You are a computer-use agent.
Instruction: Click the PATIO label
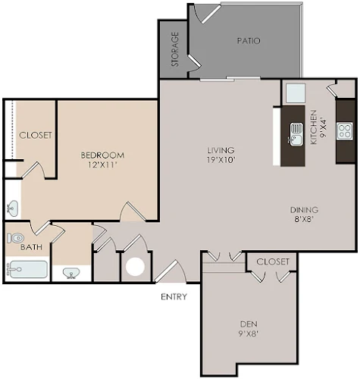pos(249,41)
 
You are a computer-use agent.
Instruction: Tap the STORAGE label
pos(175,49)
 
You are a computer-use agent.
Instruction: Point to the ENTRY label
pos(174,296)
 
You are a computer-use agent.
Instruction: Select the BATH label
pos(31,247)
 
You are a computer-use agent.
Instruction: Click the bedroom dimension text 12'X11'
pos(102,165)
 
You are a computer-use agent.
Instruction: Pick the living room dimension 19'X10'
pos(221,160)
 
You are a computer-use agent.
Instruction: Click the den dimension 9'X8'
pos(249,334)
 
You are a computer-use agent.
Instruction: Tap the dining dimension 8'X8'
pos(303,219)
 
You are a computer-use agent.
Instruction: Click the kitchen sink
pos(296,135)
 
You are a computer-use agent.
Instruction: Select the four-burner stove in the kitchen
pos(345,130)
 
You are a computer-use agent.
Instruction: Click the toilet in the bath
pos(16,238)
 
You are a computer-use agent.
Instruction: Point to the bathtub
pos(27,270)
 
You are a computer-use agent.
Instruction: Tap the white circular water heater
pos(135,267)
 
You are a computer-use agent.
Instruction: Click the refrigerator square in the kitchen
pos(296,93)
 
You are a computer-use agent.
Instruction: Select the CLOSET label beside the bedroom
pos(36,135)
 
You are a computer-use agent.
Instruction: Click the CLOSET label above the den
pos(273,262)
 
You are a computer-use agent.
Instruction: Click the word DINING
pos(304,210)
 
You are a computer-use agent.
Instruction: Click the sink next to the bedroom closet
pos(12,208)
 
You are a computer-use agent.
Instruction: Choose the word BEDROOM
pos(102,155)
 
